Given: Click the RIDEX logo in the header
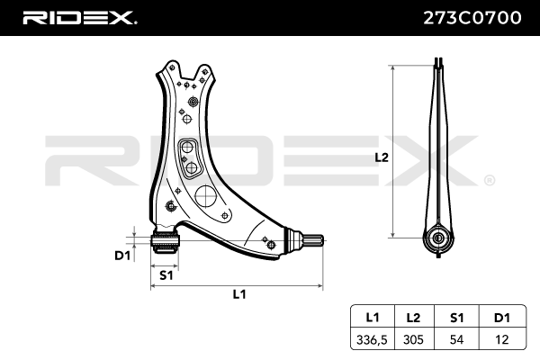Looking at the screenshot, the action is click(79, 17).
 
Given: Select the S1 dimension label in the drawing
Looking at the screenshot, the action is click(166, 274).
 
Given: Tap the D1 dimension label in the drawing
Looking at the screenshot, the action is click(122, 255).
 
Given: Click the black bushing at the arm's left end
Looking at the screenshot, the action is click(166, 241).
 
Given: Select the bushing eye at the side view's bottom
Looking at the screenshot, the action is click(438, 238).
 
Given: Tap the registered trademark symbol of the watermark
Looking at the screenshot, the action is click(489, 180).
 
